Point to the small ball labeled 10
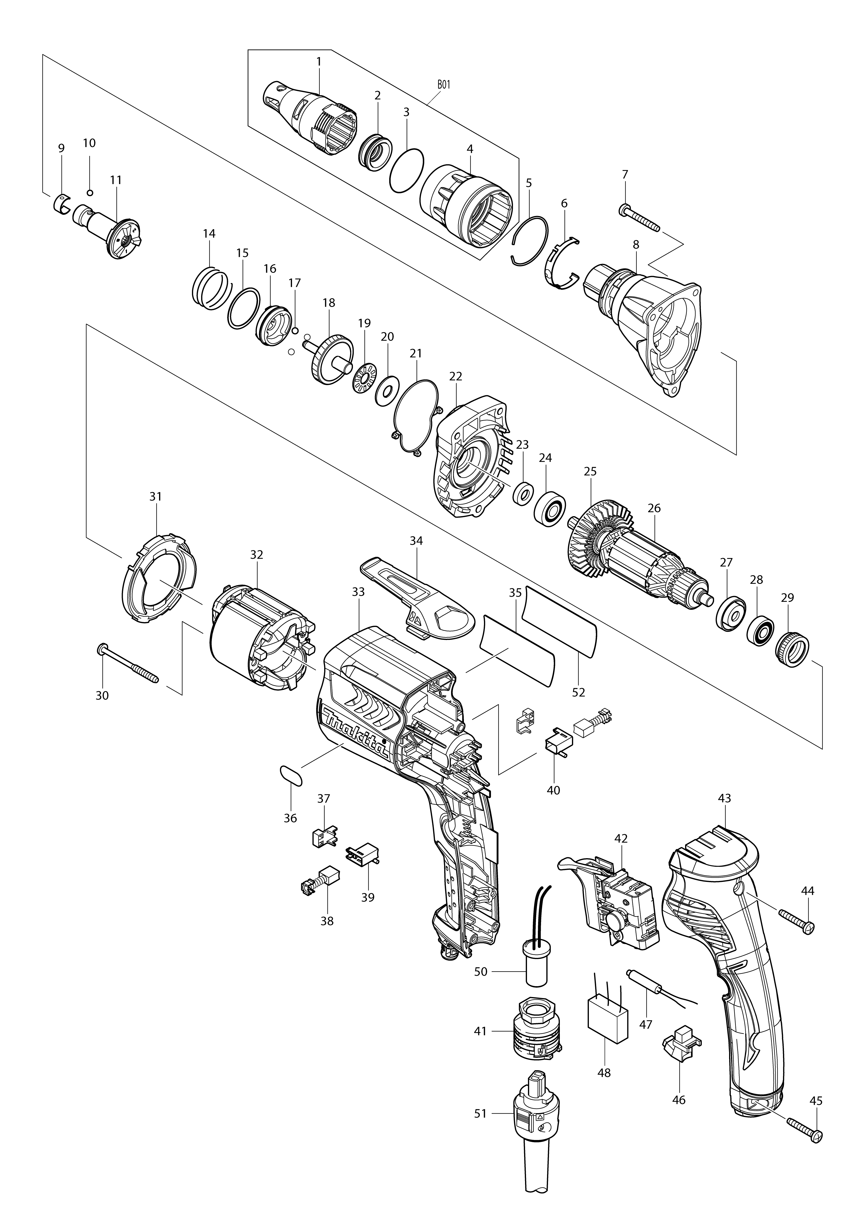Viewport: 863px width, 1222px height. coord(90,192)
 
